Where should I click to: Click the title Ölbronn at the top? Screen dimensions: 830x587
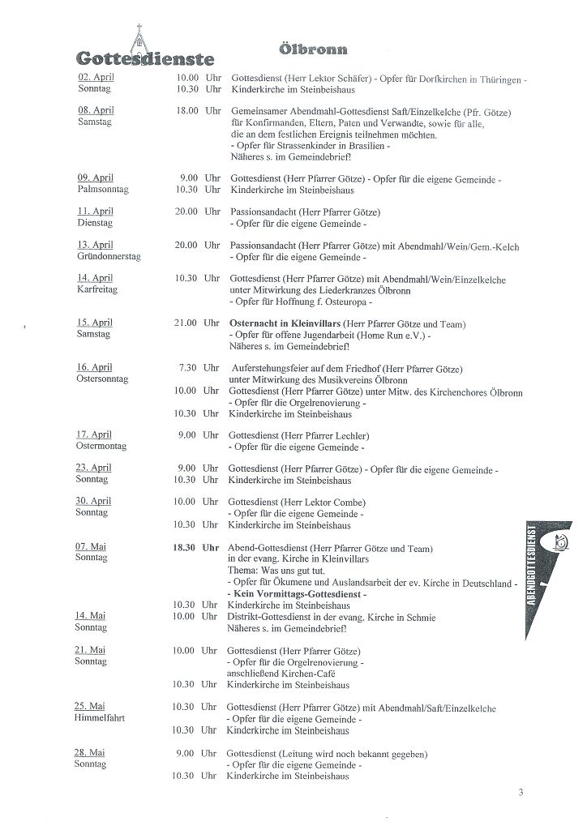(313, 49)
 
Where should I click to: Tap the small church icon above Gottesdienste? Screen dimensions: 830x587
(140, 36)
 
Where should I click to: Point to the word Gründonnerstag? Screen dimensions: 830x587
(109, 256)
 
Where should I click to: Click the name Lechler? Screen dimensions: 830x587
(351, 435)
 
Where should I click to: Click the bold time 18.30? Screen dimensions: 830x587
(185, 548)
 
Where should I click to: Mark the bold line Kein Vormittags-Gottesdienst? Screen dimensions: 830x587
(297, 594)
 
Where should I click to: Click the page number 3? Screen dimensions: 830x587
(521, 792)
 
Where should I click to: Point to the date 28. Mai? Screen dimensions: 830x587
(91, 752)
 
